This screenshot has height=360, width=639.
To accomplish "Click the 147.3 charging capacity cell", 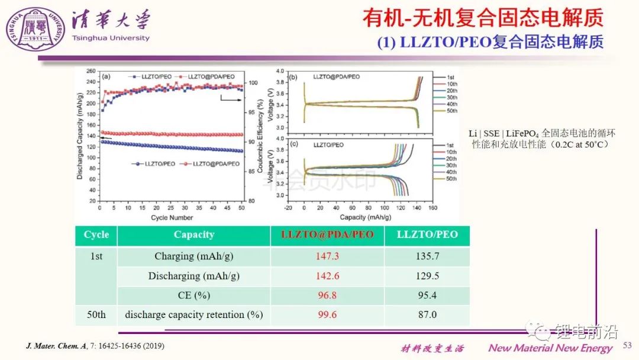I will [x=327, y=256].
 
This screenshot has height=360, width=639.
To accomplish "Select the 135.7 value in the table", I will [x=427, y=256].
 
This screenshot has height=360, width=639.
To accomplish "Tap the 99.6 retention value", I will [x=327, y=314].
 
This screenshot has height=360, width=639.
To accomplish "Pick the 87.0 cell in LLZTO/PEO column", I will [x=427, y=314].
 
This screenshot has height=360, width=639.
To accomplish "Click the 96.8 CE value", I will [x=327, y=295].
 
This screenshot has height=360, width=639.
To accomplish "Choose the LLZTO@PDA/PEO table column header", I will [x=327, y=234].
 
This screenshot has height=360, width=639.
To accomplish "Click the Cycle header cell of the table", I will [x=96, y=234].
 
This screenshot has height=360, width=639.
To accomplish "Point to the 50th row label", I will [x=96, y=314].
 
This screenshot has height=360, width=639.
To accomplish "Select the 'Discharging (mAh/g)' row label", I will [x=193, y=276].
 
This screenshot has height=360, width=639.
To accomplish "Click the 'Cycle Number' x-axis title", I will [x=172, y=218].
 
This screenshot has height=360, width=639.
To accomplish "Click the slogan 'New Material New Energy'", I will [x=550, y=348].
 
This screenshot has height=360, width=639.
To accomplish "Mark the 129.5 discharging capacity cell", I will [x=427, y=276].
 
